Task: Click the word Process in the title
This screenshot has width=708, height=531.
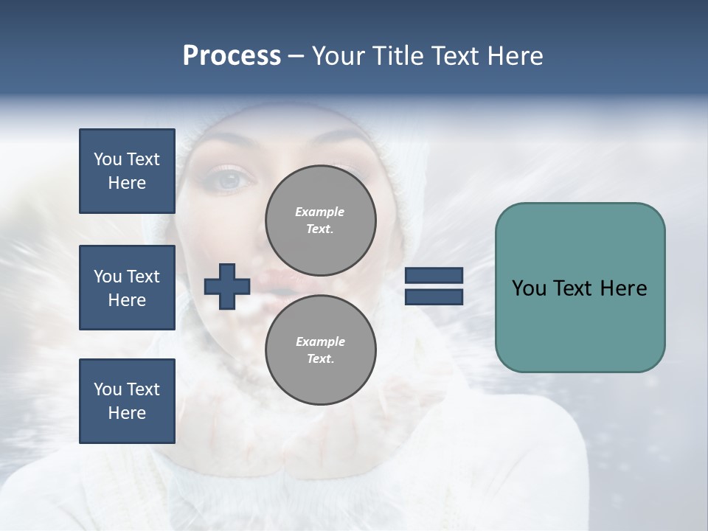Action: [232, 56]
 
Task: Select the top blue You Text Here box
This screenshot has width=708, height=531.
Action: [127, 171]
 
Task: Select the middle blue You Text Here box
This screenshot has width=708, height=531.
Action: [127, 288]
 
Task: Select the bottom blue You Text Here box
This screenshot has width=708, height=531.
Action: [127, 401]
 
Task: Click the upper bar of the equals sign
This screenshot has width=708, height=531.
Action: [434, 276]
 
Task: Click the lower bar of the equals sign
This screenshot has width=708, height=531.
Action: [434, 297]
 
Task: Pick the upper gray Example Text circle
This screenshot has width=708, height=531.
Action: [320, 221]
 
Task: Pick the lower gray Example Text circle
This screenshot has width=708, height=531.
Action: [320, 350]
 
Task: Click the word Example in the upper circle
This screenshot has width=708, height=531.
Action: [320, 212]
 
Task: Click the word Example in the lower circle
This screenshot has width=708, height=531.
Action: [320, 341]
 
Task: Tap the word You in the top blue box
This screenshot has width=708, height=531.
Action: [106, 159]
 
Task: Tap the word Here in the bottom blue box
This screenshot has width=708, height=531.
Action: [127, 413]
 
